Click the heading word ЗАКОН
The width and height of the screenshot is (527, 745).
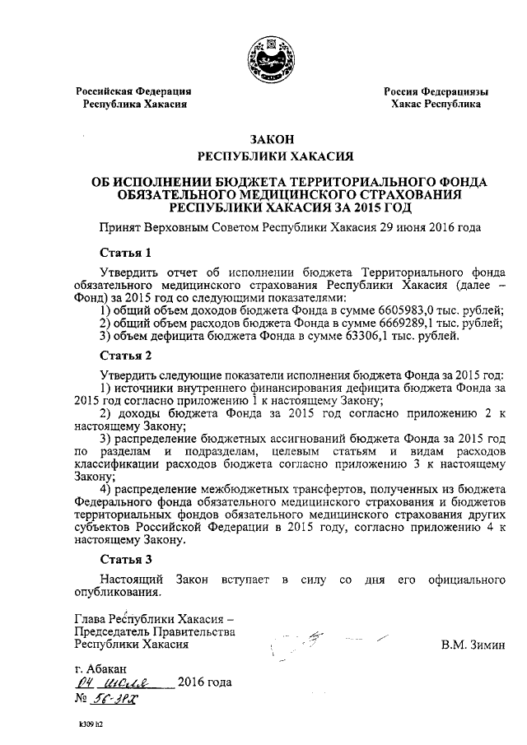[264, 140]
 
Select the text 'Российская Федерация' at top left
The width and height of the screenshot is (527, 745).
[133, 91]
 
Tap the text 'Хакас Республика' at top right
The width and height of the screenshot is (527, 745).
[436, 105]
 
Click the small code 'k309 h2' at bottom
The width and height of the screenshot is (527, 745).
[91, 725]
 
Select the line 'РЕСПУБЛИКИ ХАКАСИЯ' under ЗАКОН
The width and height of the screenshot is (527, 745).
[264, 156]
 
